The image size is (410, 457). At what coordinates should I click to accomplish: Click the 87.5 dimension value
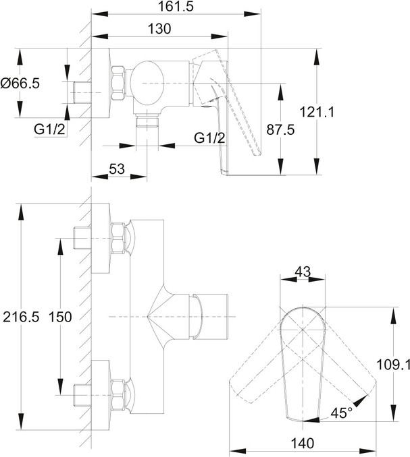pos(300,131)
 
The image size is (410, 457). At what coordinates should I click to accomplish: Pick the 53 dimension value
pos(116,169)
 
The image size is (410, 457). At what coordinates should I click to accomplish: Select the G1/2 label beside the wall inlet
pos(51,129)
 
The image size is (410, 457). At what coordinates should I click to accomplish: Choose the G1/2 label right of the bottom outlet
pos(209,138)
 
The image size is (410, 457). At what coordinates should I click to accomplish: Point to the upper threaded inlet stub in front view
pos(81,239)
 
